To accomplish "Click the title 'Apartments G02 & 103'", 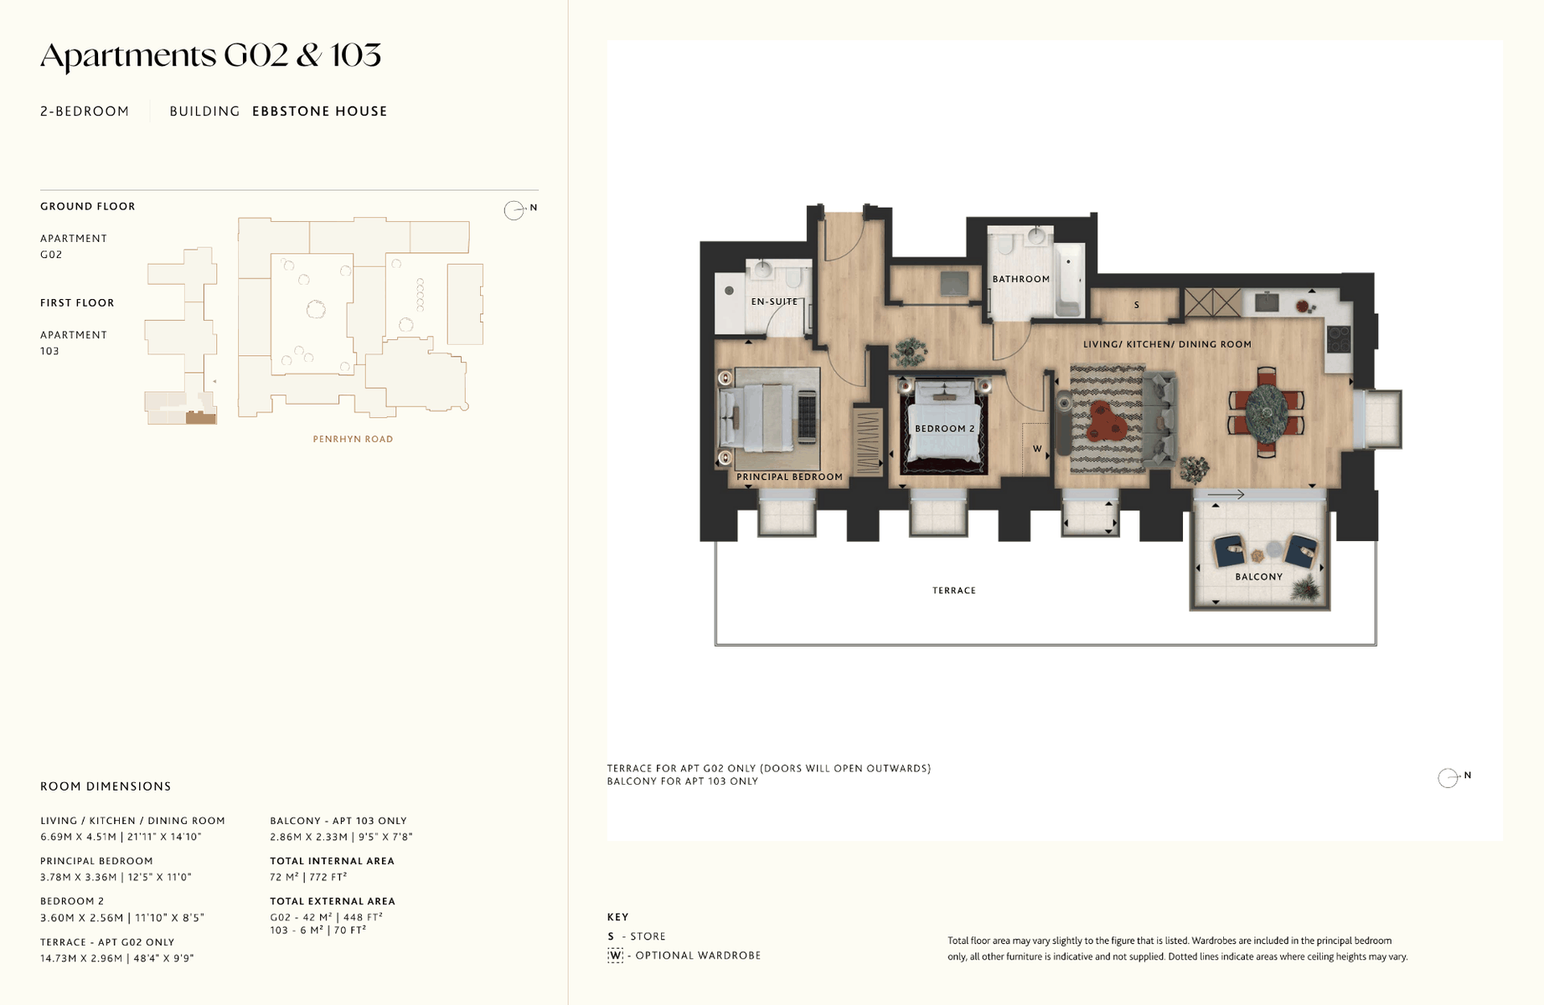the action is pyautogui.click(x=210, y=56).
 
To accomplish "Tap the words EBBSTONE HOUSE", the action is pyautogui.click(x=320, y=111).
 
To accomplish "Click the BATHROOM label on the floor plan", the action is pyautogui.click(x=1020, y=279).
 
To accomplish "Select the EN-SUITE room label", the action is pyautogui.click(x=774, y=301).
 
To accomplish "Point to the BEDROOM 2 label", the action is pyautogui.click(x=945, y=428).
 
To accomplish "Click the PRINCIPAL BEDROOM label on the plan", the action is pyautogui.click(x=789, y=477).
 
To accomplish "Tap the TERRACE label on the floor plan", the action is pyautogui.click(x=954, y=590).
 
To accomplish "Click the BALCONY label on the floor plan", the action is pyautogui.click(x=1258, y=576).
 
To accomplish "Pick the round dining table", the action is pyautogui.click(x=1266, y=411).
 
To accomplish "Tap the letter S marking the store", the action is pyautogui.click(x=1136, y=305).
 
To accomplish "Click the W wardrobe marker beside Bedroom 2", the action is pyautogui.click(x=1037, y=449).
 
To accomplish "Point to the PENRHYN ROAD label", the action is pyautogui.click(x=353, y=439).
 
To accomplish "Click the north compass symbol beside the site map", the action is pyautogui.click(x=514, y=209).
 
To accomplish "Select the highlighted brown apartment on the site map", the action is pyautogui.click(x=201, y=418).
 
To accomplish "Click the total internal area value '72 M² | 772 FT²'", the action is pyautogui.click(x=308, y=877).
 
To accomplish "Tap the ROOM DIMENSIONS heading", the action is pyautogui.click(x=106, y=786).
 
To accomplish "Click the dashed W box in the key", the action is pyautogui.click(x=616, y=956).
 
